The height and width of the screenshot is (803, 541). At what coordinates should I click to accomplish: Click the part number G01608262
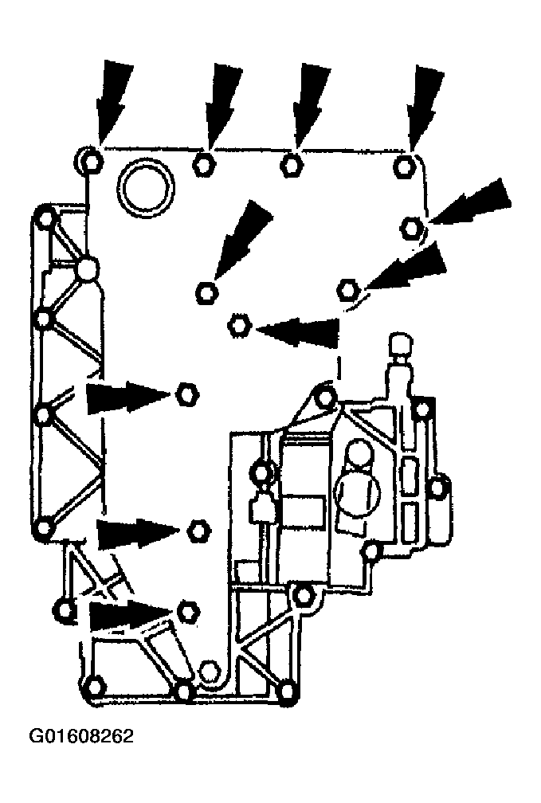coord(81,736)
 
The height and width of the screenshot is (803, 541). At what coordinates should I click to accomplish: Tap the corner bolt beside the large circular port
coord(90,161)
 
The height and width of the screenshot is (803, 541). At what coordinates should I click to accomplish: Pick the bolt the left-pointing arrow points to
coord(238,326)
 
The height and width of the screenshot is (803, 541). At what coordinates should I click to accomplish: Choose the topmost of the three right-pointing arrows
coord(128,396)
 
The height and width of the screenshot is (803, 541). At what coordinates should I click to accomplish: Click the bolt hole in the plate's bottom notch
coord(209,672)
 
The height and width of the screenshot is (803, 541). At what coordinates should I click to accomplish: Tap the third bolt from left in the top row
coord(291,165)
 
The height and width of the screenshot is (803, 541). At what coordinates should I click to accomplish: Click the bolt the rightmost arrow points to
coord(411,227)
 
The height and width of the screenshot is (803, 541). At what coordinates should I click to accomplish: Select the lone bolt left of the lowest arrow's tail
coord(64,610)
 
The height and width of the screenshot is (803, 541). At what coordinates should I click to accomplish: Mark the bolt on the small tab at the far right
coord(437,487)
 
